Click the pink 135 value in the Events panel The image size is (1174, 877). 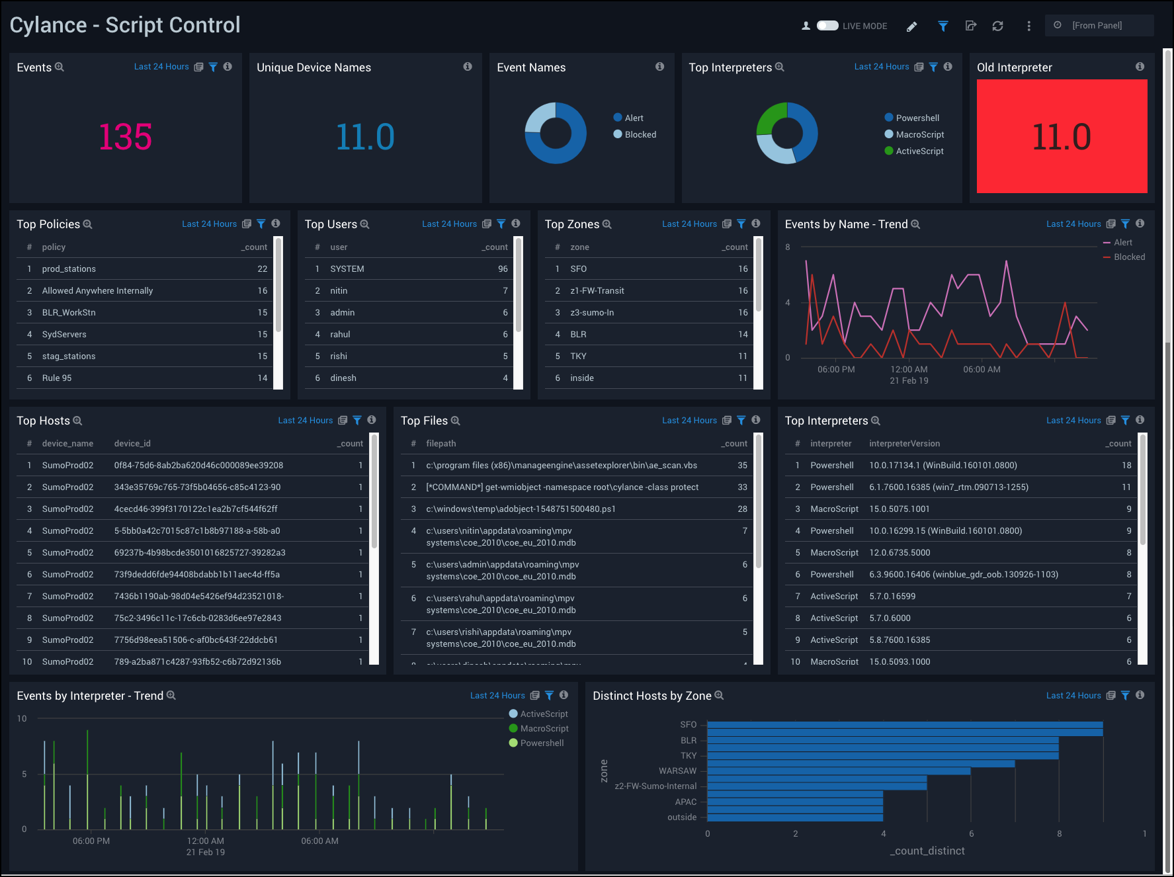(x=125, y=137)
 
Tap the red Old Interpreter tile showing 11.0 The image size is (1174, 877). (x=1062, y=137)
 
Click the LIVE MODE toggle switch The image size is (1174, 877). (x=827, y=26)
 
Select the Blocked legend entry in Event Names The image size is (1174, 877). (x=640, y=134)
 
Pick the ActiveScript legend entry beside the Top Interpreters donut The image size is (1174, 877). (x=919, y=151)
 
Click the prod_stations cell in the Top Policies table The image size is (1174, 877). (x=69, y=269)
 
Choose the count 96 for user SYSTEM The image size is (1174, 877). (x=503, y=269)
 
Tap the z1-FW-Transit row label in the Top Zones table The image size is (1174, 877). (x=597, y=290)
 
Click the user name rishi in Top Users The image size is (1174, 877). (x=339, y=356)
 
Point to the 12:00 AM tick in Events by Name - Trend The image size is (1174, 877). (x=909, y=369)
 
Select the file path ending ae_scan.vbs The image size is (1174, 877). (x=561, y=465)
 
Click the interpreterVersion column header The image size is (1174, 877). (x=904, y=443)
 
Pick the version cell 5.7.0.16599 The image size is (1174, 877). (x=892, y=596)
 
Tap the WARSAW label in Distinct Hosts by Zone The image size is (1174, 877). (x=677, y=771)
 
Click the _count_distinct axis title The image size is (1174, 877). (x=927, y=851)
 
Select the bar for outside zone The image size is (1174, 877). (x=794, y=817)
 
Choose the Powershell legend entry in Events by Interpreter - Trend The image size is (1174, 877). (x=541, y=743)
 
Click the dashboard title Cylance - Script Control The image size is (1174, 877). (x=125, y=25)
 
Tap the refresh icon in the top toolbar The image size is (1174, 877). (x=997, y=26)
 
